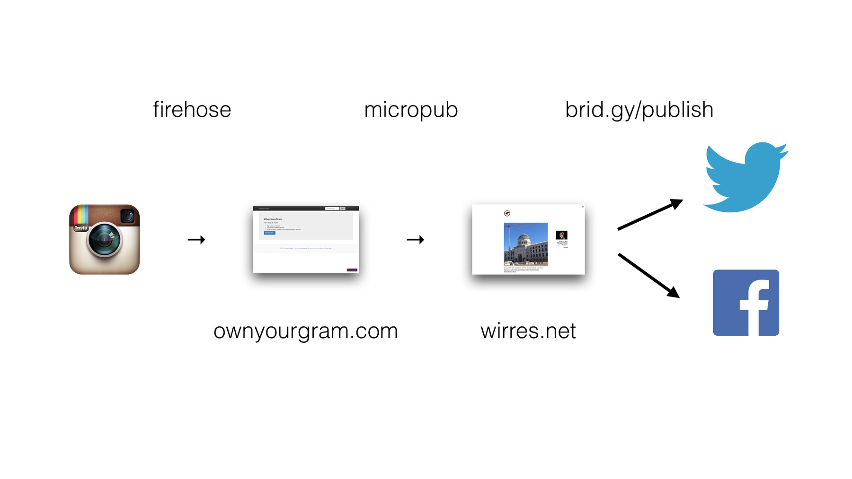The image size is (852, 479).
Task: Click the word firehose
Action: point(192,110)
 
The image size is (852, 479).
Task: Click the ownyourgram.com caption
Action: point(305,331)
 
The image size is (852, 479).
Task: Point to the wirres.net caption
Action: point(528,331)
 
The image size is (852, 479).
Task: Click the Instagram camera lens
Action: point(104,240)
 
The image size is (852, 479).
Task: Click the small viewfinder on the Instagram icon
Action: point(127,216)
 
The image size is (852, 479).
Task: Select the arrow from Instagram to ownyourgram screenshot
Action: point(196,240)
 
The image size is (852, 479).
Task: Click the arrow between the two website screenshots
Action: point(415,240)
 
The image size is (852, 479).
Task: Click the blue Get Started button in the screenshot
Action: point(269,233)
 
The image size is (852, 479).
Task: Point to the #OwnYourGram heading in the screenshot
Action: point(273,219)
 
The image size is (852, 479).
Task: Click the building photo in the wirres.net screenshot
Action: point(525,244)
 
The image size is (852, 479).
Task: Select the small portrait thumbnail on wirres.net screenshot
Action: point(561,235)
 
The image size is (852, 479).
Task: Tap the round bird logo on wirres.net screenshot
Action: point(507,213)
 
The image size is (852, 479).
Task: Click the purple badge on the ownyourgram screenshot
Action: point(352,270)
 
